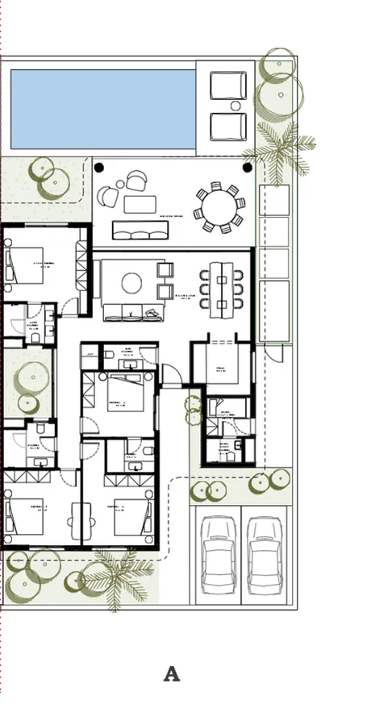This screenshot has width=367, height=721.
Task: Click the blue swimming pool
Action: [102, 108]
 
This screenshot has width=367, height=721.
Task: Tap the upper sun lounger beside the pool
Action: [228, 85]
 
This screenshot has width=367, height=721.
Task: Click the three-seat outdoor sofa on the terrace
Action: [140, 230]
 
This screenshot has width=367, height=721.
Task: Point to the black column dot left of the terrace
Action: [99, 168]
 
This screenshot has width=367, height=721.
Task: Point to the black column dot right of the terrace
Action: [248, 168]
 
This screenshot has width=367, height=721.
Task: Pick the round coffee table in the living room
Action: [132, 282]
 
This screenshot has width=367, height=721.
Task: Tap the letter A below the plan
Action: [172, 674]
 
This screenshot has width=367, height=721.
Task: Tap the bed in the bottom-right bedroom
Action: [133, 516]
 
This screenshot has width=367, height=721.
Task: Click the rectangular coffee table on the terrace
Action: [140, 204]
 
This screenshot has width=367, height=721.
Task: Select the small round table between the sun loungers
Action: [236, 106]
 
